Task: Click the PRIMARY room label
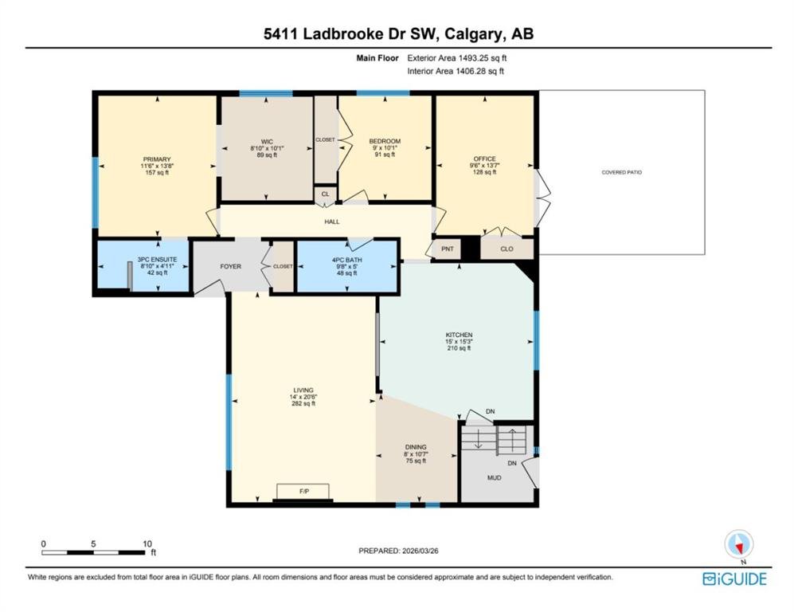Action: pyautogui.click(x=157, y=159)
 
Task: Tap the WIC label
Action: pyautogui.click(x=267, y=142)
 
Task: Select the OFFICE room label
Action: pyautogui.click(x=485, y=159)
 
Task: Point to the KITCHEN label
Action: pyautogui.click(x=459, y=335)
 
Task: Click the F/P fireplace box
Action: pyautogui.click(x=303, y=492)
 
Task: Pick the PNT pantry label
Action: pyautogui.click(x=448, y=249)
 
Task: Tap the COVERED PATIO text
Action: pyautogui.click(x=622, y=172)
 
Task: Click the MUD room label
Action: pyautogui.click(x=495, y=478)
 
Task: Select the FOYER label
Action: pyautogui.click(x=230, y=266)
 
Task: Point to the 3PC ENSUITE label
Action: pyautogui.click(x=158, y=260)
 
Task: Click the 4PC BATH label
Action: pyautogui.click(x=347, y=260)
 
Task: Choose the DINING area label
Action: pyautogui.click(x=416, y=447)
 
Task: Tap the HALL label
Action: pyautogui.click(x=332, y=222)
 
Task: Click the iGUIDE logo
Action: pyautogui.click(x=735, y=579)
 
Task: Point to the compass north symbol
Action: pyautogui.click(x=739, y=545)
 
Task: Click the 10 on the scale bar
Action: pyautogui.click(x=147, y=543)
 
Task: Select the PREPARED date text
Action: pyautogui.click(x=398, y=551)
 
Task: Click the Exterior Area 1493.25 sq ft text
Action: pyautogui.click(x=457, y=57)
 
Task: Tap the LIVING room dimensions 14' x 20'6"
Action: pyautogui.click(x=303, y=397)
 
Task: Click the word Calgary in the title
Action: pyautogui.click(x=474, y=34)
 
